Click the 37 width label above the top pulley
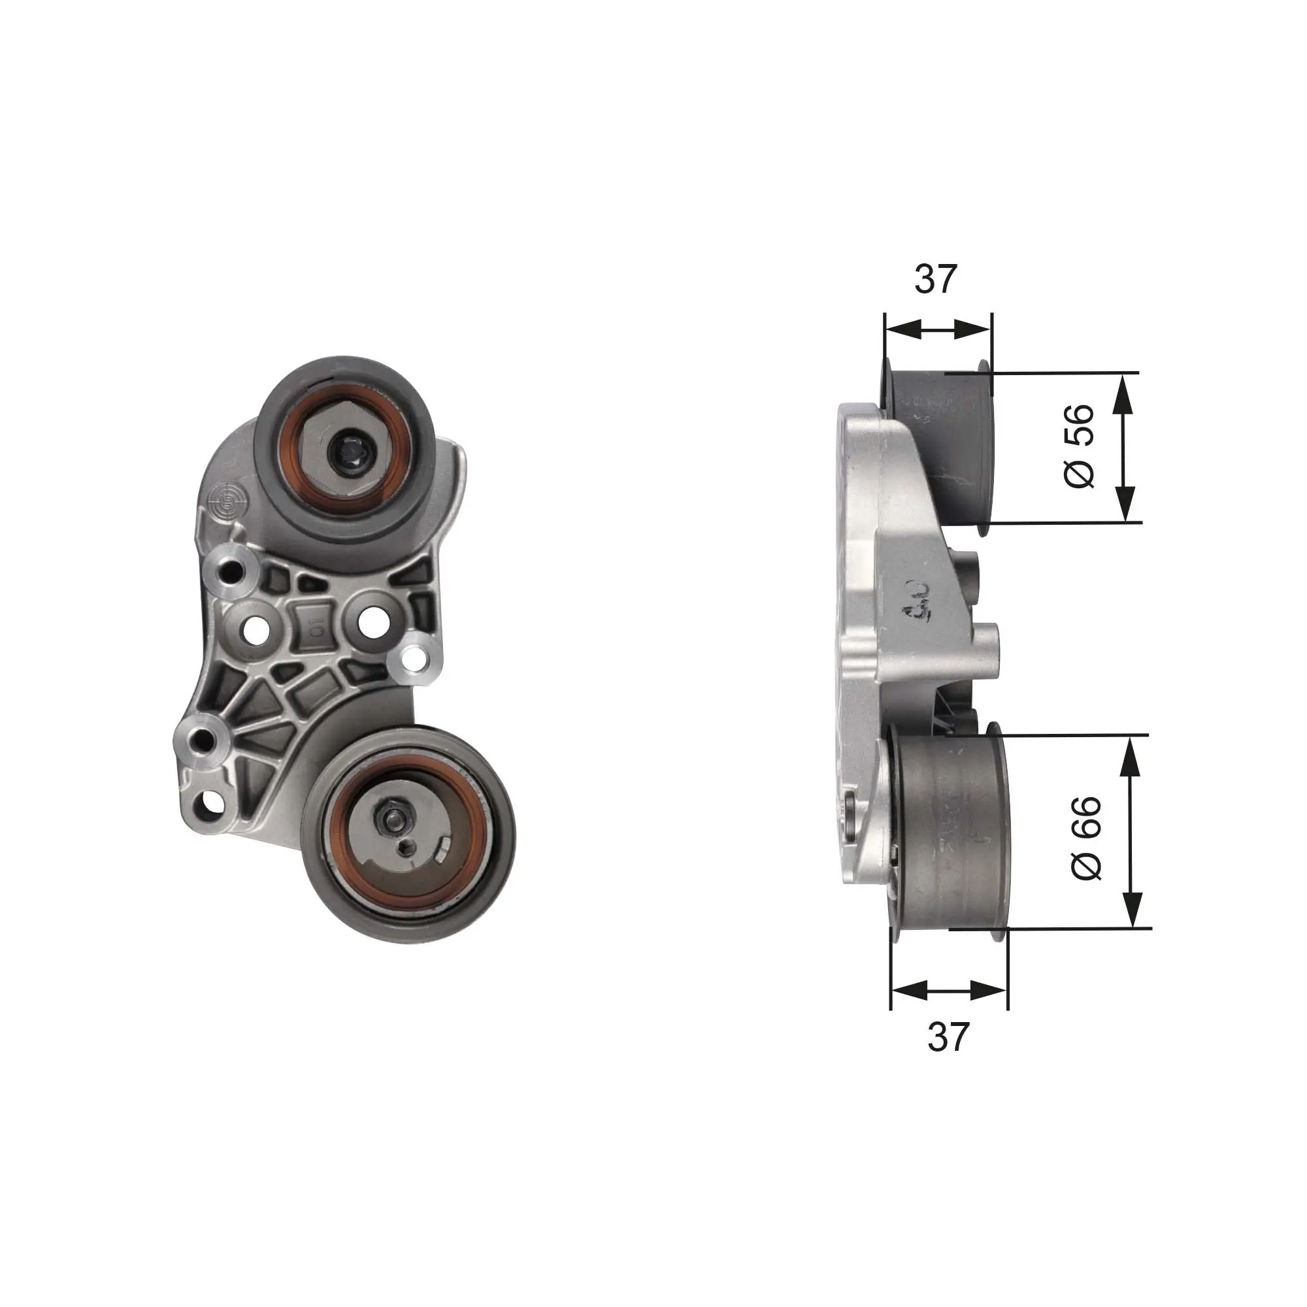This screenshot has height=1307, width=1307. pos(936,279)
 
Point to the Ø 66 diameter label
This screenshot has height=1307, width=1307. pos(1087,838)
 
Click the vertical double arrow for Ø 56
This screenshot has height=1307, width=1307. pos(1123,448)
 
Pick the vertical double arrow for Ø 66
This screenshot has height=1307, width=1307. pos(1131,831)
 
